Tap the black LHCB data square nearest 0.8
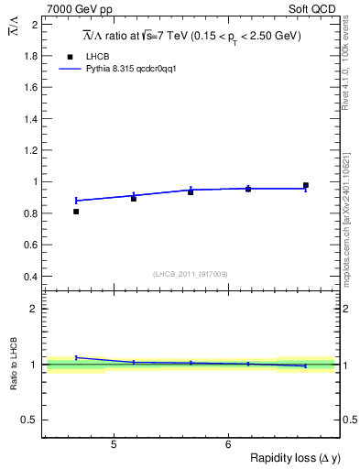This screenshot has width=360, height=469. point(76,212)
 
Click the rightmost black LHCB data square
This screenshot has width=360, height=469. point(306,186)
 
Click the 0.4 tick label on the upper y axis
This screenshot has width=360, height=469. point(29,277)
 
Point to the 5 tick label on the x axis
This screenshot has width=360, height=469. point(113,445)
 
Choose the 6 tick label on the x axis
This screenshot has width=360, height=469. point(227,445)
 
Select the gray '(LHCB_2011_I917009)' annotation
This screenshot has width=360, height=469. point(191,274)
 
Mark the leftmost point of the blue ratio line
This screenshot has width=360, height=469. point(76,357)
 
